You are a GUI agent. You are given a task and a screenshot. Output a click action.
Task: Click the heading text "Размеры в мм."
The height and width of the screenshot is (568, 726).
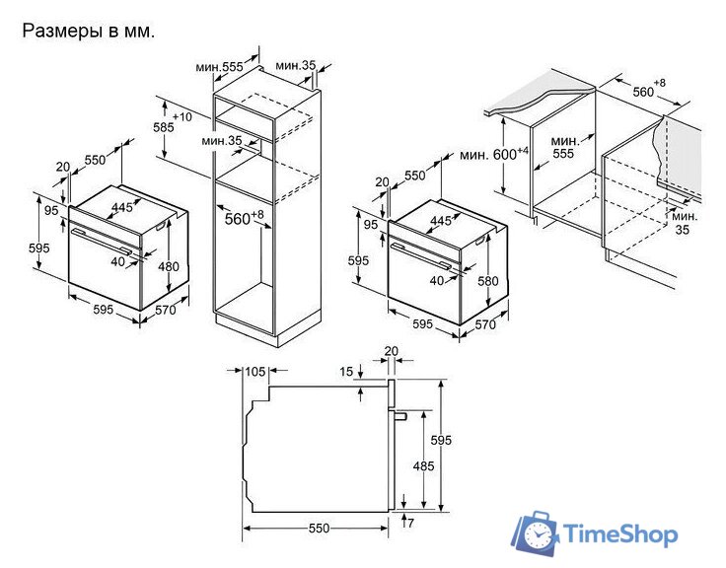pyautogui.click(x=89, y=32)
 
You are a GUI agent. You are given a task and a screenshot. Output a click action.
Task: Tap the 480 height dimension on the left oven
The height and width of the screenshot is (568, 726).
pyautogui.click(x=168, y=266)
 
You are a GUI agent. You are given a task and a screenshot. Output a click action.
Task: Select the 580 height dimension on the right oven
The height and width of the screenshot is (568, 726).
pyautogui.click(x=488, y=280)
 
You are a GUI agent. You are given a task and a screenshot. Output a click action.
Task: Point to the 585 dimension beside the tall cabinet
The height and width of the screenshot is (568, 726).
pyautogui.click(x=164, y=127)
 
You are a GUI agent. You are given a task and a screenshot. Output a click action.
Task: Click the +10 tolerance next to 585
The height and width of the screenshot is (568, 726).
pyautogui.click(x=181, y=116)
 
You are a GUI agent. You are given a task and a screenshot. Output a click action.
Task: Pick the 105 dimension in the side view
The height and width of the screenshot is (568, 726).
pyautogui.click(x=255, y=371)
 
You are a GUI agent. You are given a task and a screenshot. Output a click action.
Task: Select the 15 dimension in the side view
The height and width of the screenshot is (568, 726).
pyautogui.click(x=346, y=371)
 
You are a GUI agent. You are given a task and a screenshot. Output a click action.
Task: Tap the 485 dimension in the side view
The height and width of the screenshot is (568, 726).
pyautogui.click(x=423, y=465)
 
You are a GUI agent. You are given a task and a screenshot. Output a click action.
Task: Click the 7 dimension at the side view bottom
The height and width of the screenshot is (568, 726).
pyautogui.click(x=410, y=523)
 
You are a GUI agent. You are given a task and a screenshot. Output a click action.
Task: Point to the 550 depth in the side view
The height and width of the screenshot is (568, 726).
pyautogui.click(x=319, y=529)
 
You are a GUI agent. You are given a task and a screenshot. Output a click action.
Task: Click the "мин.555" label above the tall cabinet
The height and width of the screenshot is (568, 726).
pyautogui.click(x=219, y=67)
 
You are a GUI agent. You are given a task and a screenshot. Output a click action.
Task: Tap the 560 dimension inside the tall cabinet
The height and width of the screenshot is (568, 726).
pyautogui.click(x=238, y=219)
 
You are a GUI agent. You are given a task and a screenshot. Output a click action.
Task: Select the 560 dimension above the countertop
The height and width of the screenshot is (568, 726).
pyautogui.click(x=643, y=92)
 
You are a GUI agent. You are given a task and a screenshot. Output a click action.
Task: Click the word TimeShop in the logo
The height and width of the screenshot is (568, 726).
pyautogui.click(x=621, y=533)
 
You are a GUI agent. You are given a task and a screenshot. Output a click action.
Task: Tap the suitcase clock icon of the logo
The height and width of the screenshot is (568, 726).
pyautogui.click(x=536, y=532)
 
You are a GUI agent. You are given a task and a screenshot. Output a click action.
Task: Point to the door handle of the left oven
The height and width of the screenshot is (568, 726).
pyautogui.click(x=101, y=241)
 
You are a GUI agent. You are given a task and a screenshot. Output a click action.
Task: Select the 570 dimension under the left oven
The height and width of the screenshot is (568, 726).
pyautogui.click(x=166, y=310)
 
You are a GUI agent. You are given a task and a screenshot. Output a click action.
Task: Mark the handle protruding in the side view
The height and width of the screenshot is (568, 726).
pyautogui.click(x=399, y=415)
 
